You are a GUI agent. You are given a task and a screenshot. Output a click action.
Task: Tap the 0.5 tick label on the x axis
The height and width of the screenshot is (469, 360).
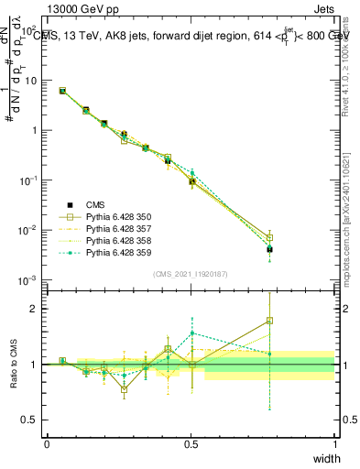point(191,443)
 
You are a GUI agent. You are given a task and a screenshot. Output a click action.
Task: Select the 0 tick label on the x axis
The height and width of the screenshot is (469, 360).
point(47,443)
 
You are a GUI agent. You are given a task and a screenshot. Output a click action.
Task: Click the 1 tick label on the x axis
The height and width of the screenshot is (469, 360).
point(334,443)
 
